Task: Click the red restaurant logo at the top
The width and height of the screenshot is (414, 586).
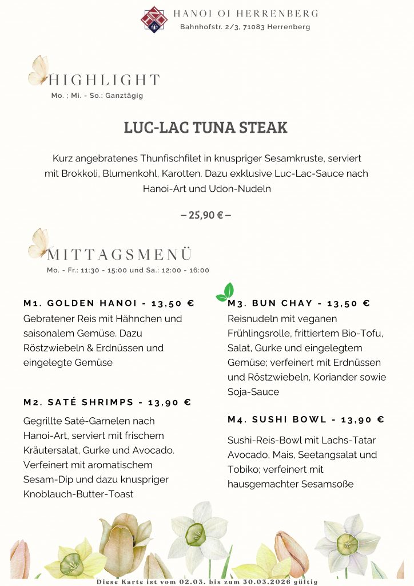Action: point(154,19)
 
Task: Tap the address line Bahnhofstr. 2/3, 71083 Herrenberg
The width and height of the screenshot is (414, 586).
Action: point(245,27)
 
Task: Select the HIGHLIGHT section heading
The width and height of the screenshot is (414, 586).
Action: point(103,80)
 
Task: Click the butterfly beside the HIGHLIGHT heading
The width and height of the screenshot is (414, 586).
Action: point(39,70)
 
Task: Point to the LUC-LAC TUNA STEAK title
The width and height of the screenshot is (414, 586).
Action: point(206,128)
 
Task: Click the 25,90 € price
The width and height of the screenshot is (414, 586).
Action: point(206,215)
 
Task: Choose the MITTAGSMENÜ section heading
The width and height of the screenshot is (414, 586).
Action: point(120,255)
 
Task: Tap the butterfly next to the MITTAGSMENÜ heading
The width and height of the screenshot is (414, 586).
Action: point(39,243)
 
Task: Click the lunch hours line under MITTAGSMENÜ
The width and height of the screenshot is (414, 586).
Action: point(128,270)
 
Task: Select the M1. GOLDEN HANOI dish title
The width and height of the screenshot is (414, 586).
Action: point(109,303)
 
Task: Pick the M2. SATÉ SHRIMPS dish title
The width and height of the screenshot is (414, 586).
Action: point(107,402)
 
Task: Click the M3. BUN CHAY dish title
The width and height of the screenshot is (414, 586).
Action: point(298,303)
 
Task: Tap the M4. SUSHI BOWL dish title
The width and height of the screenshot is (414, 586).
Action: point(298,419)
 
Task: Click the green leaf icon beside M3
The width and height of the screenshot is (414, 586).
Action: point(225,292)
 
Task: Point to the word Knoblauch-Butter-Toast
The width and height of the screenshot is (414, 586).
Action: point(78,494)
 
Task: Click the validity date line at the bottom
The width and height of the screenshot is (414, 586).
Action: point(206,581)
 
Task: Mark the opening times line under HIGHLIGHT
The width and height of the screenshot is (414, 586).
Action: point(97,96)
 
